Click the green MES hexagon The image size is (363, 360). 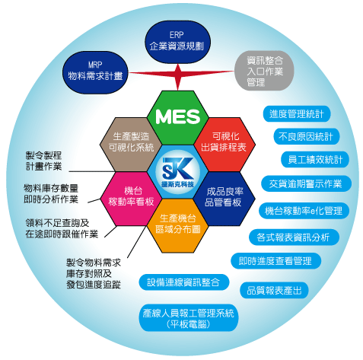click(178, 118)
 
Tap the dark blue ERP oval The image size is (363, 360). click(177, 42)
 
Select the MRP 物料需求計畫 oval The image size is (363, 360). click(95, 72)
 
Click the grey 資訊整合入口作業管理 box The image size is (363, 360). click(264, 71)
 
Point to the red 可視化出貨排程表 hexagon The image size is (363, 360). click(224, 145)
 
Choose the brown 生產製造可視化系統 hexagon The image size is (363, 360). click(131, 145)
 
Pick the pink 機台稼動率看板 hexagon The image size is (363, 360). click(131, 199)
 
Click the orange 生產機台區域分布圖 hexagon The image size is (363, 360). click(178, 225)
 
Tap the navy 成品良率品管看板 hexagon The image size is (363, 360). click(224, 199)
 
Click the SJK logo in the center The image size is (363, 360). click(178, 172)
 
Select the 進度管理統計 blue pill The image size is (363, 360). click(297, 114)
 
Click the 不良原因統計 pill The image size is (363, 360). click(306, 136)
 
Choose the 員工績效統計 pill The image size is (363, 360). click(315, 159)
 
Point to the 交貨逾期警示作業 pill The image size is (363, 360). click(306, 183)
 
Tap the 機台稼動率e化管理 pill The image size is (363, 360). click(304, 211)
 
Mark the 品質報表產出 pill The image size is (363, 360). click(274, 290)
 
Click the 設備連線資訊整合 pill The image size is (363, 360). click(184, 282)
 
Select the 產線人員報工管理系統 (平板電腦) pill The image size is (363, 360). click(189, 318)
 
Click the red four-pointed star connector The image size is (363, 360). click(178, 75)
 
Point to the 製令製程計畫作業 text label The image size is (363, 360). click(43, 161)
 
